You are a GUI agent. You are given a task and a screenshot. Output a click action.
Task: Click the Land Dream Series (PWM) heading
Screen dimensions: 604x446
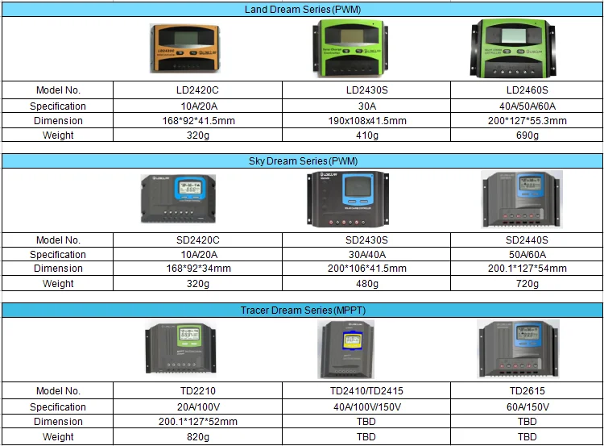pyautogui.click(x=301, y=10)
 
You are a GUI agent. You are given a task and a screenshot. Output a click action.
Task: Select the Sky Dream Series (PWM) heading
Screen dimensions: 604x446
pyautogui.click(x=301, y=160)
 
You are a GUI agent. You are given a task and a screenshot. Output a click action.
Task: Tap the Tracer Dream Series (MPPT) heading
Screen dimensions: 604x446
pyautogui.click(x=301, y=310)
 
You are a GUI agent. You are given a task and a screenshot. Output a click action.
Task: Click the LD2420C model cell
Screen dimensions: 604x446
pyautogui.click(x=197, y=90)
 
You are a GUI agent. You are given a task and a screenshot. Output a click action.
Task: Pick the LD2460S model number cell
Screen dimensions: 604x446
pyautogui.click(x=527, y=90)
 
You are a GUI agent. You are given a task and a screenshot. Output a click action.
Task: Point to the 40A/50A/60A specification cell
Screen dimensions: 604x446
pyautogui.click(x=527, y=106)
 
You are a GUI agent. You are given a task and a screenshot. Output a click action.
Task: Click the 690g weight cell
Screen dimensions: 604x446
pyautogui.click(x=527, y=135)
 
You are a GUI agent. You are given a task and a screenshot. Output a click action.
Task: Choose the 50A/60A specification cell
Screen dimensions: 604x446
pyautogui.click(x=527, y=254)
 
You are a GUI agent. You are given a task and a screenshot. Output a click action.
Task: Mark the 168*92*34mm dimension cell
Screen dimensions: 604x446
pyautogui.click(x=197, y=269)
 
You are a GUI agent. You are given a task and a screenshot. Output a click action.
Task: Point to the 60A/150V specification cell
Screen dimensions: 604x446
pyautogui.click(x=527, y=406)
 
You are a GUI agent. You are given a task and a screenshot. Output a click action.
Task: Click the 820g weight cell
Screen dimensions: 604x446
pyautogui.click(x=197, y=436)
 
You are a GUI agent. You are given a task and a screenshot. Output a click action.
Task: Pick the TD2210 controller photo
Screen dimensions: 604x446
pyautogui.click(x=184, y=348)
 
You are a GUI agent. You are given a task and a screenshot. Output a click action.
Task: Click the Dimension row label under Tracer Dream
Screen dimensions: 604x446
pyautogui.click(x=58, y=422)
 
